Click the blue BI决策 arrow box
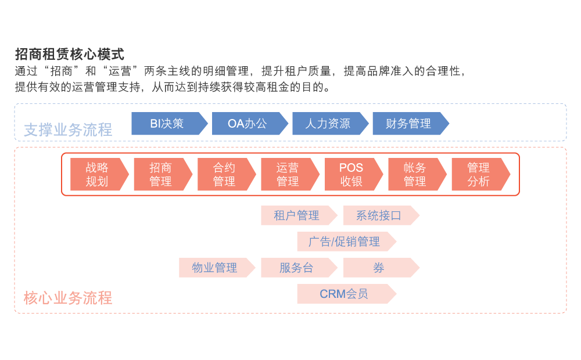167,123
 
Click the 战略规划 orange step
97,174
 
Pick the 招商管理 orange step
160,174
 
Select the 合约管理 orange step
224,174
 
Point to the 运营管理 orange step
288,174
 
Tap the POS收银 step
351,174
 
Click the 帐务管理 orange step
415,174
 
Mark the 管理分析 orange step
478,174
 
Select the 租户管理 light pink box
297,215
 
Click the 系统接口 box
379,215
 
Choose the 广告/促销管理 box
345,242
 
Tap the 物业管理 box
215,268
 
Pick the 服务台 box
297,268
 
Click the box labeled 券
379,268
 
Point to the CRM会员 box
345,294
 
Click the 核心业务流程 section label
68,298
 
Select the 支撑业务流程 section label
68,130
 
